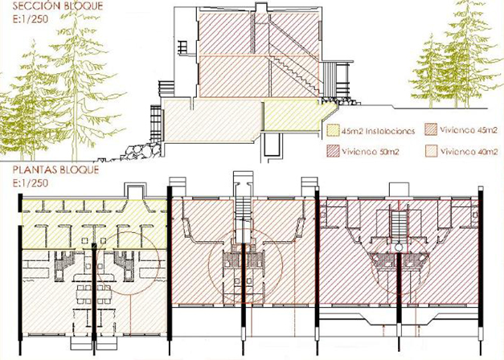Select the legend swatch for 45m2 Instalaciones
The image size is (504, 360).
click(x=333, y=129)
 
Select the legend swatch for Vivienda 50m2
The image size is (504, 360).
click(x=333, y=150)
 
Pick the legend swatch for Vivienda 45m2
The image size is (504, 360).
click(x=429, y=129)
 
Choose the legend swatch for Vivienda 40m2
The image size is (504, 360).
click(x=429, y=150)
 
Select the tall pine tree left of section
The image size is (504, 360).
click(x=80, y=64)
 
